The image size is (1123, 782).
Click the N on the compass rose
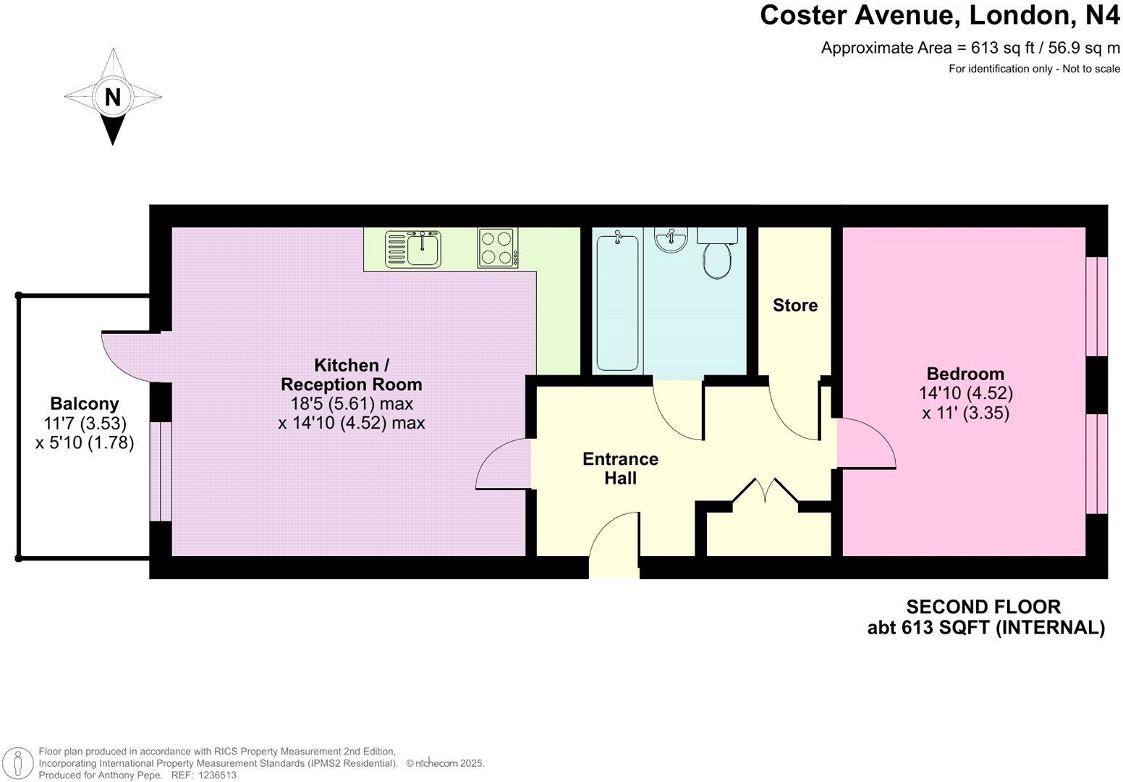[x=112, y=96]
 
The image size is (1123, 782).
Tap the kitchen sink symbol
[x=413, y=248]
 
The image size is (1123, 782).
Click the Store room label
[x=794, y=306]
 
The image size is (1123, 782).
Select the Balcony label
[x=85, y=403]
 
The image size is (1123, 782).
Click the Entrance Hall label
[x=620, y=468]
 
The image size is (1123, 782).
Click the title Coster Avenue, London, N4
[x=939, y=15]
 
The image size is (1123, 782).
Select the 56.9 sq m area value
[x=1079, y=49]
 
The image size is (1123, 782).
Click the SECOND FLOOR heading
[x=983, y=607]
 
